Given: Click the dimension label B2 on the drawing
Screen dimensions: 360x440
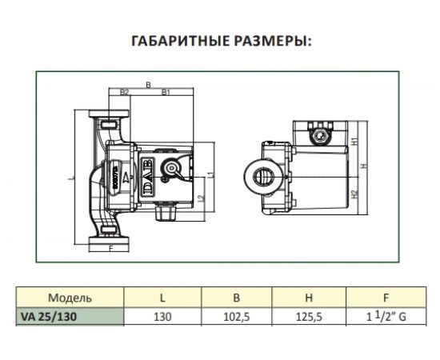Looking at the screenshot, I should (x=124, y=93).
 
